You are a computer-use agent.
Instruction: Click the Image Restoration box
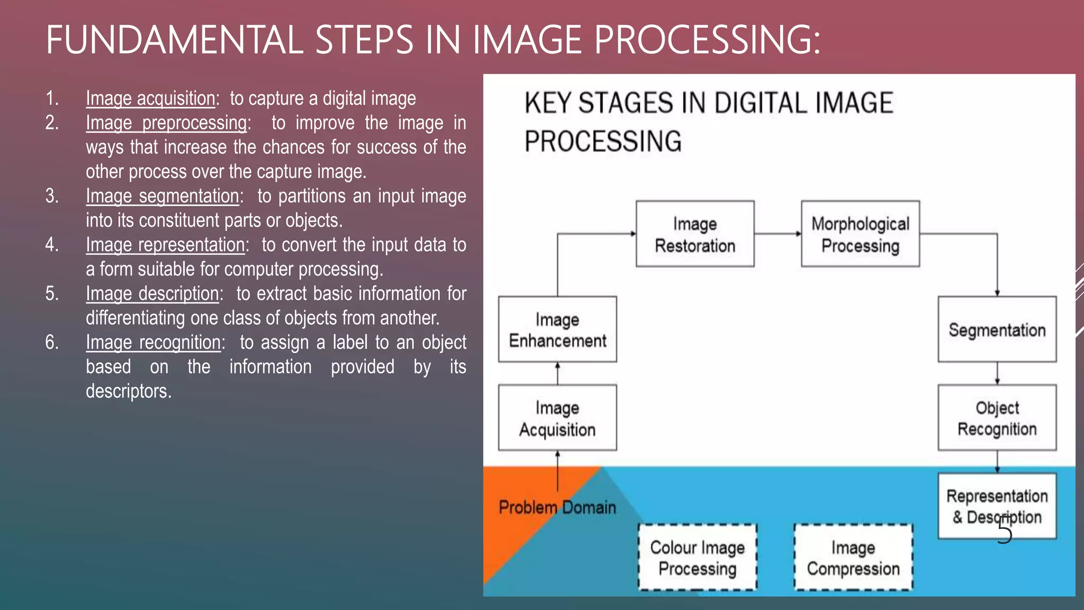pos(694,234)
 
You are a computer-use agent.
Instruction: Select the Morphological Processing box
pos(860,234)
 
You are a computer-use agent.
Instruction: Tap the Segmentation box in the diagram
pos(997,329)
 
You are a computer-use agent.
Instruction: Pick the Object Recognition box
pos(997,418)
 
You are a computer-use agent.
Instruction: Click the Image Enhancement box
pos(557,329)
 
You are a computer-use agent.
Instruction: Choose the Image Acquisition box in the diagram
pos(557,418)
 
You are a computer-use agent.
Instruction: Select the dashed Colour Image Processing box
pos(697,557)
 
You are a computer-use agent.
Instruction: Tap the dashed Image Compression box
pos(853,557)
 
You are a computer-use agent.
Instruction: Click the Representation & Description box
pos(997,506)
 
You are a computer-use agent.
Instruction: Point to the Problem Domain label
pos(557,507)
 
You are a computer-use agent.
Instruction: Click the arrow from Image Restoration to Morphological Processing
pos(778,234)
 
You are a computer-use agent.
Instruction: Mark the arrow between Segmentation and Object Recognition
pos(997,373)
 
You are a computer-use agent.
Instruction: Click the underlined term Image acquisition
pos(150,98)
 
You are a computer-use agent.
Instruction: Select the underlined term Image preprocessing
pos(167,123)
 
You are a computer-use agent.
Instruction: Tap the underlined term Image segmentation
pos(162,196)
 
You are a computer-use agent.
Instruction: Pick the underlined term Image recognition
pos(153,343)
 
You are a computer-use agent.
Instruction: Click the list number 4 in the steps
pos(51,245)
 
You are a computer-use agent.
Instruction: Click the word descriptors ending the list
pos(128,391)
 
